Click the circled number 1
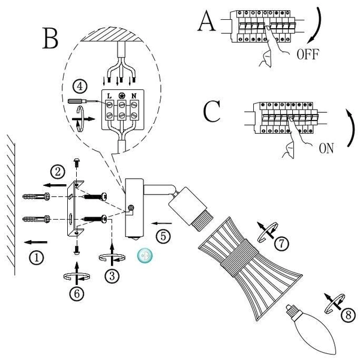coord(37,258)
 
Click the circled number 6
coord(76,293)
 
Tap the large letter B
coord(51,38)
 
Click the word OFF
coord(307,55)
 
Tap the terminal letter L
coord(110,96)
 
